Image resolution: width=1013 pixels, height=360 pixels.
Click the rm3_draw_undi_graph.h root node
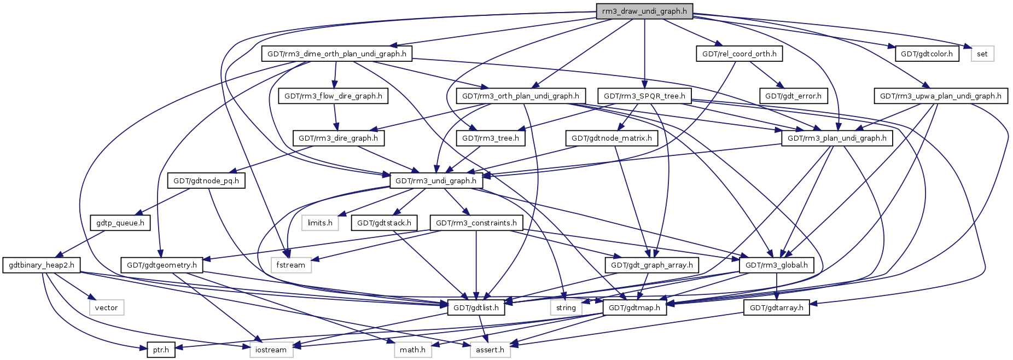tap(644, 11)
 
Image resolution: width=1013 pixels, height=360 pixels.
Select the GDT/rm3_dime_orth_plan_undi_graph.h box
tap(336, 54)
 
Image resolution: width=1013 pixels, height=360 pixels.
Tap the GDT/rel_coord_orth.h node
tap(739, 54)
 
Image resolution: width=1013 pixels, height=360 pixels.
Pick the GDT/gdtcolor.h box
tap(927, 54)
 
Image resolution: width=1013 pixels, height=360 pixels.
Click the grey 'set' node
tap(982, 54)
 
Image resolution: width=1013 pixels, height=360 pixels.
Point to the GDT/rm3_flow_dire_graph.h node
tap(334, 96)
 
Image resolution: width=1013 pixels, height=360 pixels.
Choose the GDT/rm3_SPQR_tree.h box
tap(644, 96)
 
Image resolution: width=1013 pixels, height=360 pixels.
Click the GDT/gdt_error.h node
tap(793, 96)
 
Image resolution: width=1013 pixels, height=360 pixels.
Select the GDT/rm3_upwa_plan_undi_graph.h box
tap(940, 96)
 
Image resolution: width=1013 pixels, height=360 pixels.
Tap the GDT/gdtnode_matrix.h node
tap(612, 138)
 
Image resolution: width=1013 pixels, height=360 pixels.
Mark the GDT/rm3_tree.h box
tap(490, 138)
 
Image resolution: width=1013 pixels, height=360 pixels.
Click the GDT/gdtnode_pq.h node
tap(206, 181)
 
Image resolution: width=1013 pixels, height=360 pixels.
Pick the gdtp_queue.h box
tap(120, 223)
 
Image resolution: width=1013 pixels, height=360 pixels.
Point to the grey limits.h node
tap(320, 223)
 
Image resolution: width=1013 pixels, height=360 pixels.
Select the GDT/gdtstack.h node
tap(384, 223)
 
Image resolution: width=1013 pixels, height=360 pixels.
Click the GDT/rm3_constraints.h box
tap(476, 223)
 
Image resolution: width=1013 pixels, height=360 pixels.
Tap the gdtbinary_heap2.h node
tap(42, 265)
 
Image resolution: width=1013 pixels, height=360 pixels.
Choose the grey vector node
tap(106, 307)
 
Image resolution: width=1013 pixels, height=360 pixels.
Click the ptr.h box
tap(161, 350)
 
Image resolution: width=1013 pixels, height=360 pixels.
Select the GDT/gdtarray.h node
tap(776, 307)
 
